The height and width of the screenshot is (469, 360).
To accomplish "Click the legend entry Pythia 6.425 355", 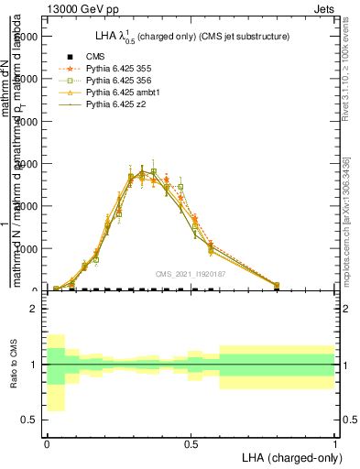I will [118, 68].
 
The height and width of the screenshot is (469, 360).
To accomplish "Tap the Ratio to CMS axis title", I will [14, 365].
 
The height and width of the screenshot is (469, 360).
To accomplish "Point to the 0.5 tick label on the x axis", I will [191, 441].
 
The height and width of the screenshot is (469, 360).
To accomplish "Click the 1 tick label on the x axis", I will [335, 441].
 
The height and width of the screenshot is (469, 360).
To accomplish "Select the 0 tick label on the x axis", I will [47, 441].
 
